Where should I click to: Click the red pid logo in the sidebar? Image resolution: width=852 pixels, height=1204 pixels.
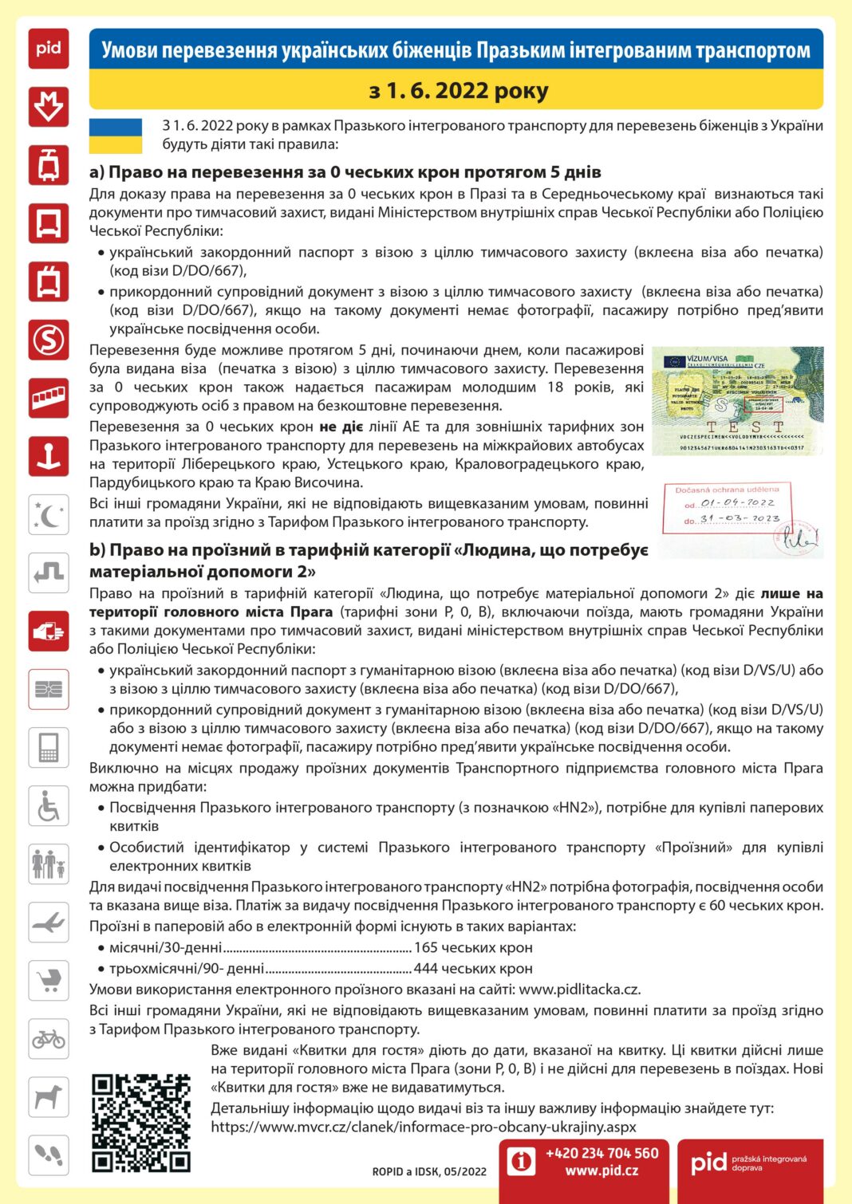(49, 49)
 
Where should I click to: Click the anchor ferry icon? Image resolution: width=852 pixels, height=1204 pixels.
(49, 456)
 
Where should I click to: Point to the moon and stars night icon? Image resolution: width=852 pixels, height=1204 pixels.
(49, 514)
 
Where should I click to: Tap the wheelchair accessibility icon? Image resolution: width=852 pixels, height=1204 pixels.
(49, 805)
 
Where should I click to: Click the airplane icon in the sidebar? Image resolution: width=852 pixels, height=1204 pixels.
(49, 923)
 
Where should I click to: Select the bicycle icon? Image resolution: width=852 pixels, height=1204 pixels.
(49, 1039)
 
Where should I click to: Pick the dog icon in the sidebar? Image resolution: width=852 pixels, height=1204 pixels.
(49, 1097)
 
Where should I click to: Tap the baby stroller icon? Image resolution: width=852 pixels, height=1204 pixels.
(49, 980)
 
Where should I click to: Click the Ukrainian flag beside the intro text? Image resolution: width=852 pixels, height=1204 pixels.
(116, 136)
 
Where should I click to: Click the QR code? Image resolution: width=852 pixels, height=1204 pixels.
(140, 1123)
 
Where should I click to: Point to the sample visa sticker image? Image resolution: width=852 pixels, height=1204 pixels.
(737, 401)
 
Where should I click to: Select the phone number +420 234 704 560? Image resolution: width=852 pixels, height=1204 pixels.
(602, 1153)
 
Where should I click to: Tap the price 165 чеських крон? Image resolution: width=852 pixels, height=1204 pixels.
(473, 947)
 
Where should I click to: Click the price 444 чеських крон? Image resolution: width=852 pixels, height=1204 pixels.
(473, 968)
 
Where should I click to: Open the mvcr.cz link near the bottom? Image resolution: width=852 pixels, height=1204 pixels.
(424, 1127)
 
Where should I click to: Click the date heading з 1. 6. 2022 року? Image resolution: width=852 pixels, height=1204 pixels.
(458, 91)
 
